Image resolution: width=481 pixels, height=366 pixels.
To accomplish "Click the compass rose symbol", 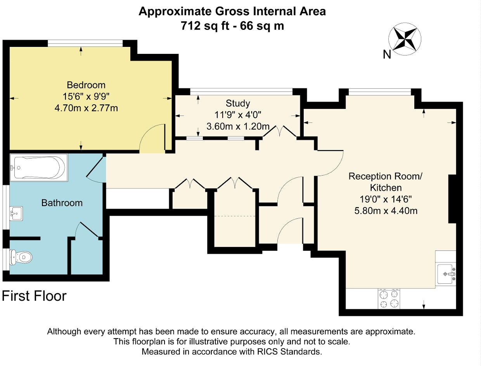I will click(405, 38).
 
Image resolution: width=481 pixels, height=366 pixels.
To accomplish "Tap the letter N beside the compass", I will click(387, 55).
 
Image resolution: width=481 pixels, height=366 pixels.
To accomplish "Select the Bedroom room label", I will click(86, 85).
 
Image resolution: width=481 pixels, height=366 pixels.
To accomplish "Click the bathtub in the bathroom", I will click(38, 167).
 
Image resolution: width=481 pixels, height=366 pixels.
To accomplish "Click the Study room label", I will click(238, 104).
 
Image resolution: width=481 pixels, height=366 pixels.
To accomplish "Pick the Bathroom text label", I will click(62, 202).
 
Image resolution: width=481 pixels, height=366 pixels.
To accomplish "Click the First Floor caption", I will click(34, 296).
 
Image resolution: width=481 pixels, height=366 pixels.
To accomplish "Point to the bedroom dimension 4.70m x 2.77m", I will click(86, 108).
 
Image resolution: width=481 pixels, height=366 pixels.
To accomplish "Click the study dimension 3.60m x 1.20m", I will click(238, 126).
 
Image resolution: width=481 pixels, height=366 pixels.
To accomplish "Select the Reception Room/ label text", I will click(385, 176).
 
